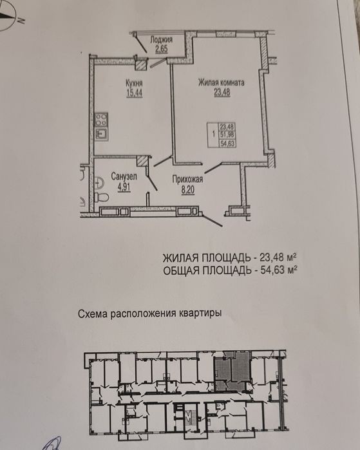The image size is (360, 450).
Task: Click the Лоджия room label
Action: point(162,39)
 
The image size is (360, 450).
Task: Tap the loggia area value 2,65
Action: point(162,49)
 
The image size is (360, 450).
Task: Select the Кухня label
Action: point(134,83)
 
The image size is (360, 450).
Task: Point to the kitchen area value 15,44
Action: point(135,93)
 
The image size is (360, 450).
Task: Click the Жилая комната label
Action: point(222,82)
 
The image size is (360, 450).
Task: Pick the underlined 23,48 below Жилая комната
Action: point(222,93)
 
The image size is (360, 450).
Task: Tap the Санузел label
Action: point(124,177)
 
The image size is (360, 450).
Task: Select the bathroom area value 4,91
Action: point(124,187)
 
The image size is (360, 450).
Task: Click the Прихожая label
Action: point(187,180)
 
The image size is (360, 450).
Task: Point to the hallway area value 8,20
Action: point(188,190)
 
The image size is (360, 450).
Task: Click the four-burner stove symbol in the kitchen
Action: point(101,120)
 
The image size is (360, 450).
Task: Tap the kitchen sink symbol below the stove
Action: point(101,133)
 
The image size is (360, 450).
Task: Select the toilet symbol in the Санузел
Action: point(101,197)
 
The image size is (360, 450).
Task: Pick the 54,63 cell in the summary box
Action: point(227,143)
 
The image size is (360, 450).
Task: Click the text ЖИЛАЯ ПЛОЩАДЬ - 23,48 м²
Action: point(230,258)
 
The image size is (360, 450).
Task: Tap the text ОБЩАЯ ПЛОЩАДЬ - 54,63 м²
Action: point(230,270)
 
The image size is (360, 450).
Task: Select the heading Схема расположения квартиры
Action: point(149,313)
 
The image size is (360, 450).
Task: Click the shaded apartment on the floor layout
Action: point(232,371)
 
